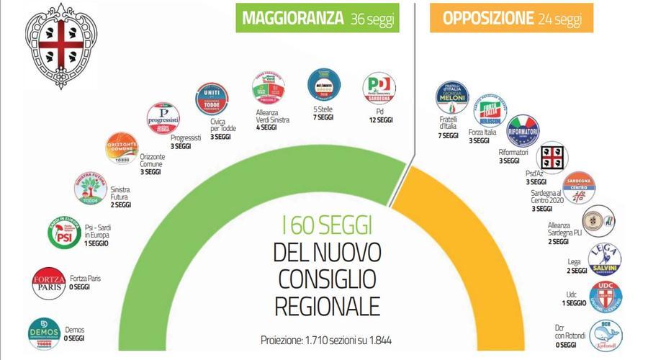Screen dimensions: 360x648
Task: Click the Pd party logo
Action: [379, 89]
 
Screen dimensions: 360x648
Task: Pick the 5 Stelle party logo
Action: [323, 86]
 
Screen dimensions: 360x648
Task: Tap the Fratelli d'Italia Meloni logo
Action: [452, 97]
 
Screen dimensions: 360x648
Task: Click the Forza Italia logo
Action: [490, 110]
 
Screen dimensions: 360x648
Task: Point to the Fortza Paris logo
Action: [49, 282]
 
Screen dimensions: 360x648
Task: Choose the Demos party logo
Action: [44, 333]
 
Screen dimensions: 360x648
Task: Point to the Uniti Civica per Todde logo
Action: [212, 99]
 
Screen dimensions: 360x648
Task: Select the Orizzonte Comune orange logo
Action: [122, 148]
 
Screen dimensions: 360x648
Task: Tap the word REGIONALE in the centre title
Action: [326, 305]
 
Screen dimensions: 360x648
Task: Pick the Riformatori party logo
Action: [523, 130]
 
